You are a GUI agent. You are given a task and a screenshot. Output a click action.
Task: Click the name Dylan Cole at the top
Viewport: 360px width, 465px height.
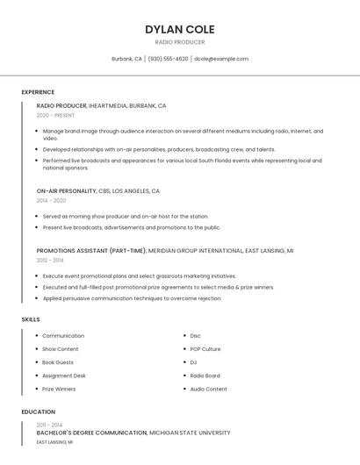point(179,29)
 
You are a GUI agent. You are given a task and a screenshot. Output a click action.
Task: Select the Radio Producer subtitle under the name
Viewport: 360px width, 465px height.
point(179,42)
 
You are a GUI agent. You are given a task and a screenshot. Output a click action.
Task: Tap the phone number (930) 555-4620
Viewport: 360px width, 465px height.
point(168,59)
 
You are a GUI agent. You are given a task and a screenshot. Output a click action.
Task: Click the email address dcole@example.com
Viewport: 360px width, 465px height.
point(221,59)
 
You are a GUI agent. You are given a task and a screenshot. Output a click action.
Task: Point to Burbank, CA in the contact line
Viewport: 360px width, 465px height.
point(126,59)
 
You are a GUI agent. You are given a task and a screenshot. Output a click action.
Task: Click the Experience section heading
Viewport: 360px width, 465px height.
point(38,92)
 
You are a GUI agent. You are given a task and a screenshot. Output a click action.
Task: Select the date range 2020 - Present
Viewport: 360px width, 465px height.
point(55,115)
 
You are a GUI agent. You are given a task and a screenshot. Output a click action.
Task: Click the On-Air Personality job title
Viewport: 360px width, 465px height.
point(67,190)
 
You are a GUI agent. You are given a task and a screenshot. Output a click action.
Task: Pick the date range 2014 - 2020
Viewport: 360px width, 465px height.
point(51,200)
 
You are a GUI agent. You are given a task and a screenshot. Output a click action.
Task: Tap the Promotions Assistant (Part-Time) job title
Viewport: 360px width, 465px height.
point(91,250)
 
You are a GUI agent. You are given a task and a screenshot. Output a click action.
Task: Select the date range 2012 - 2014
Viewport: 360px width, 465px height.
point(50,260)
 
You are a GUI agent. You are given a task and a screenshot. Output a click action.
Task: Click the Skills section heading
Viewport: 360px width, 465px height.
point(31,319)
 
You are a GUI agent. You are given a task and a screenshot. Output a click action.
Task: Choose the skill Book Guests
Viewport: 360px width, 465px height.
point(58,362)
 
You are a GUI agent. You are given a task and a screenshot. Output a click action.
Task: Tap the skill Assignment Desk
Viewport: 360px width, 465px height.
point(64,376)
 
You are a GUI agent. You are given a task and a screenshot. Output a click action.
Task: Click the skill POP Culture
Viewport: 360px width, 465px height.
point(205,349)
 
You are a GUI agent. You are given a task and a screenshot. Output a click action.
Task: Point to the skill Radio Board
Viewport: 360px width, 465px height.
point(205,376)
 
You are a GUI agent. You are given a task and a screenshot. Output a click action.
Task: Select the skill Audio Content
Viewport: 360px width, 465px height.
point(208,389)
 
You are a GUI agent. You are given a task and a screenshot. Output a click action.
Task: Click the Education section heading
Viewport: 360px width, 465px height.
point(38,411)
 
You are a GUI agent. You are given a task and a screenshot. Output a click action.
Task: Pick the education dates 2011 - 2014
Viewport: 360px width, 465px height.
point(49,425)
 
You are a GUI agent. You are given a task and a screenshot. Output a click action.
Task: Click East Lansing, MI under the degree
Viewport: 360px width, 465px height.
point(54,442)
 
